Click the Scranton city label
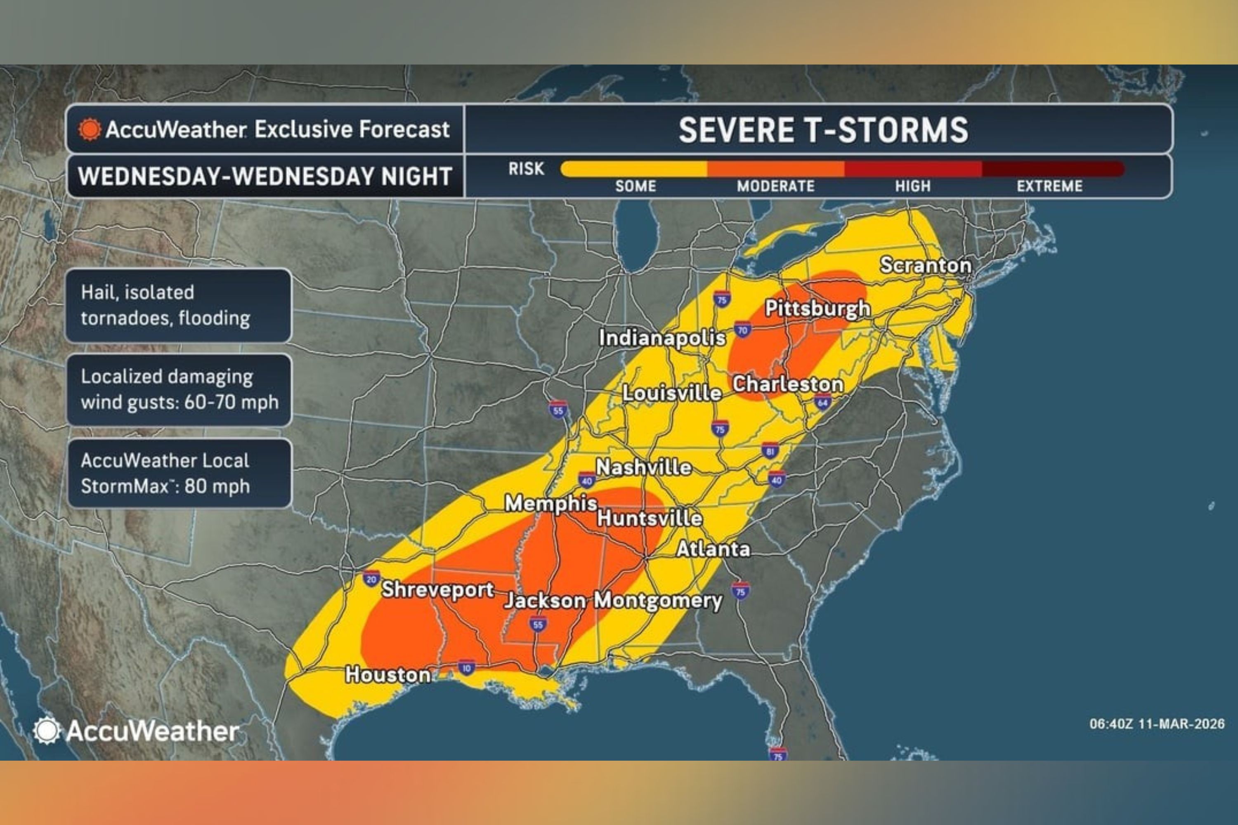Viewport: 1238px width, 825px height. (x=925, y=265)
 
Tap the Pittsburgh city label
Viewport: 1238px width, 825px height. (x=817, y=308)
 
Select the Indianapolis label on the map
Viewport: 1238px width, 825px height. (x=662, y=338)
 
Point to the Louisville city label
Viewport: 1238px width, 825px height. (x=672, y=393)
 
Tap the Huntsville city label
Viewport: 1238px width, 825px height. (x=650, y=518)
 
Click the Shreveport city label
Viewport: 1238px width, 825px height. (x=437, y=589)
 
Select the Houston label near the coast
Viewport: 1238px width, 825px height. (x=388, y=674)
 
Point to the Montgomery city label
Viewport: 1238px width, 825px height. (x=658, y=600)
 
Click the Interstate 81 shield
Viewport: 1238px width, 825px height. (x=770, y=451)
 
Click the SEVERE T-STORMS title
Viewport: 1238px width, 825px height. (x=823, y=130)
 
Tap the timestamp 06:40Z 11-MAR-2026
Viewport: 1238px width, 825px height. (x=1156, y=724)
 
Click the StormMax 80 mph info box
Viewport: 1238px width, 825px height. (x=179, y=474)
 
